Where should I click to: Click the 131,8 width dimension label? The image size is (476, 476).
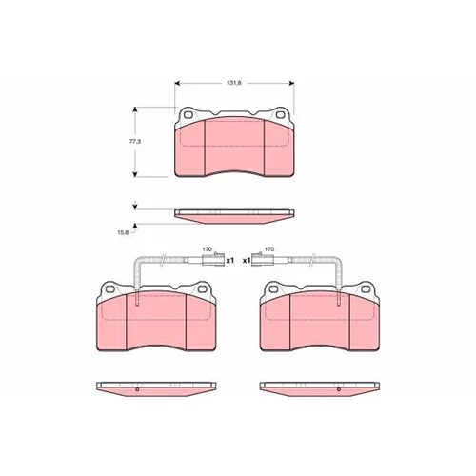[x=234, y=83]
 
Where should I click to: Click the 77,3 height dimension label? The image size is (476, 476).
[x=135, y=142]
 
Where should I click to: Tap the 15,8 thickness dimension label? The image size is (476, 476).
[x=123, y=232]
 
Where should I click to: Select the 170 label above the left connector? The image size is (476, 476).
[x=207, y=249]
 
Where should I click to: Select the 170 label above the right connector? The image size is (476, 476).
[x=269, y=249]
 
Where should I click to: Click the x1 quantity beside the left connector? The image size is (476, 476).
[x=229, y=261]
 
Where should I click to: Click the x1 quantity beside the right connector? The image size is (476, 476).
[x=247, y=261]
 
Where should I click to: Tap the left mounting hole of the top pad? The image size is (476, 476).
[x=188, y=114]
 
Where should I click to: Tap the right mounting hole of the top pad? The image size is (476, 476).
[x=280, y=114]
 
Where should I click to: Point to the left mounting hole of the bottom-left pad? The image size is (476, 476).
[x=109, y=289]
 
